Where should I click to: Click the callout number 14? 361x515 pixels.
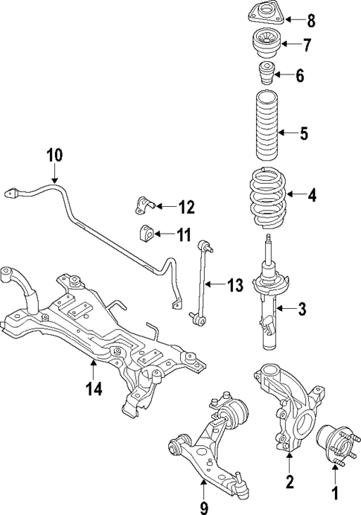coord(91,388)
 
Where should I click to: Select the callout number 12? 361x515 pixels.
coord(185,206)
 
